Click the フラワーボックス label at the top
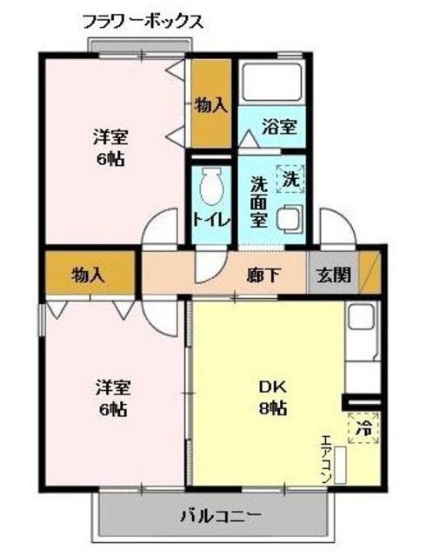(x=143, y=22)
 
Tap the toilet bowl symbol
(x=211, y=186)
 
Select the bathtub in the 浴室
(x=272, y=82)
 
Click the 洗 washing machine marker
(x=290, y=179)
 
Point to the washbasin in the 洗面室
(x=290, y=220)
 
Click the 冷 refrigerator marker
(x=363, y=428)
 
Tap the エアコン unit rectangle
(x=341, y=465)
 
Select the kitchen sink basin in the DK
(x=361, y=317)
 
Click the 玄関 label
(x=333, y=275)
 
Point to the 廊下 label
(x=263, y=275)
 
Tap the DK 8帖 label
(x=272, y=398)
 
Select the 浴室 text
(x=279, y=127)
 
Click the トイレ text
(x=211, y=221)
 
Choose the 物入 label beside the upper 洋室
(x=211, y=105)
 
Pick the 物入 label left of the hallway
(x=89, y=275)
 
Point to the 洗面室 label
(x=258, y=202)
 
